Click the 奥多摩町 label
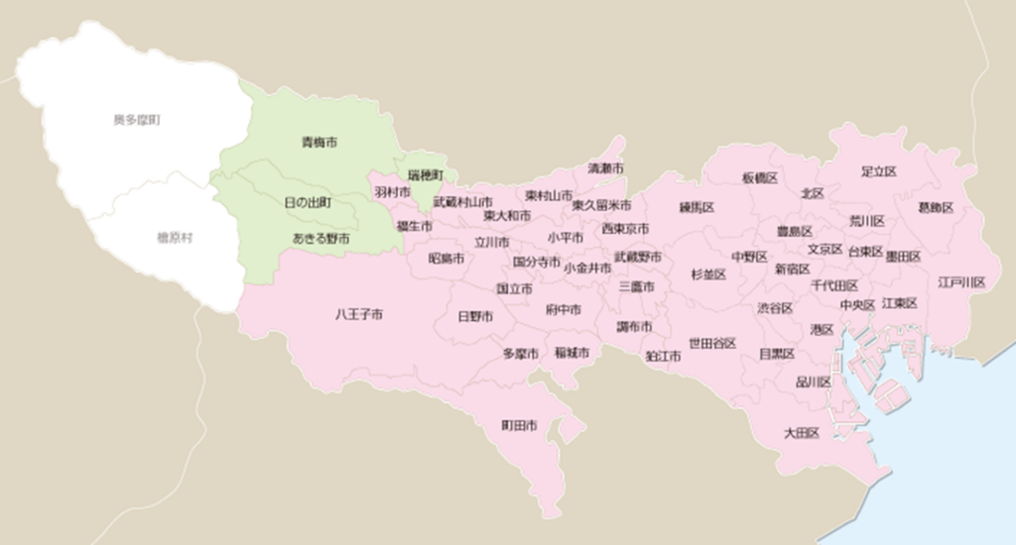137,120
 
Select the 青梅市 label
318,143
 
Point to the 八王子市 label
359,315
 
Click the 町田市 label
519,426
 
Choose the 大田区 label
801,433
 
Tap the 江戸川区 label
961,282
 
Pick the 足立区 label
879,171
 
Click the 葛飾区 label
936,208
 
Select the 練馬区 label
697,208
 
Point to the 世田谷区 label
712,343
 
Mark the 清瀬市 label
605,167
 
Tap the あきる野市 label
320,239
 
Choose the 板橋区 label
759,178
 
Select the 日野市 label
475,317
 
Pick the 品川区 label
814,381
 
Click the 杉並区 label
708,274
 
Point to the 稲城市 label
571,353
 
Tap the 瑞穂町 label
426,175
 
